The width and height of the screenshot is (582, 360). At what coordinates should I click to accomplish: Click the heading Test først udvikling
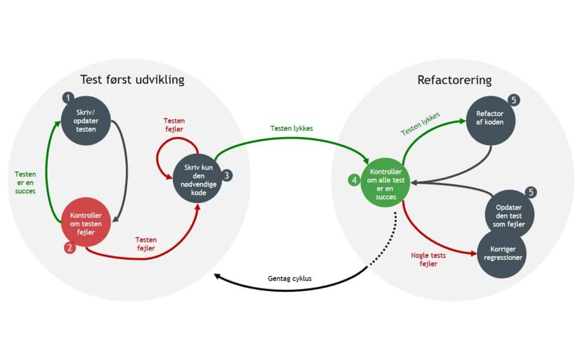tap(132, 79)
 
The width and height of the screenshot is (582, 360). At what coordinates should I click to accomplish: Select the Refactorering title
tap(454, 80)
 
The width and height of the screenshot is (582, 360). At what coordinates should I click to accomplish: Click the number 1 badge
tap(69, 98)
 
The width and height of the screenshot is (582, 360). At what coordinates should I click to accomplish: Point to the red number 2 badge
tap(69, 247)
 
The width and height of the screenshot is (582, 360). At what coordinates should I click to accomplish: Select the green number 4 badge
tap(354, 180)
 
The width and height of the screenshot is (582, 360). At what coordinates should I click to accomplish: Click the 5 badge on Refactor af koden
tap(514, 100)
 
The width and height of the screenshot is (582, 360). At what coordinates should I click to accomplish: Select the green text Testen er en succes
tap(25, 183)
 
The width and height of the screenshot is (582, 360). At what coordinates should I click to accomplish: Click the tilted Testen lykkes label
tap(420, 123)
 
